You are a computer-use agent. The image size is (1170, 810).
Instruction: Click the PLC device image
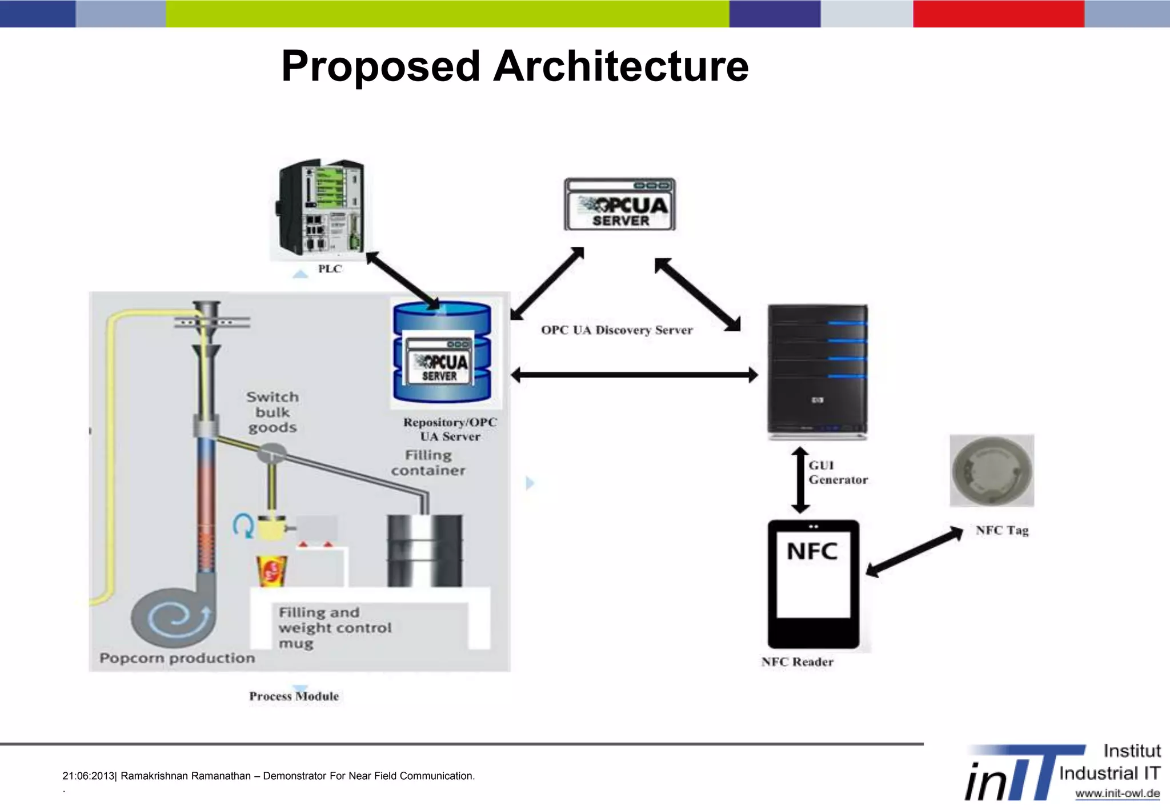[x=320, y=208]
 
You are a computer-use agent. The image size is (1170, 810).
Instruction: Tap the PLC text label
[x=330, y=269]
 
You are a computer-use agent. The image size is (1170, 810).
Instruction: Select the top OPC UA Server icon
[x=620, y=204]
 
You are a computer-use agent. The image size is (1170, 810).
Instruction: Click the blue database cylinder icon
[x=442, y=352]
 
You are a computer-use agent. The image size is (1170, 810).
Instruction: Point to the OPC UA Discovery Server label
[x=616, y=330]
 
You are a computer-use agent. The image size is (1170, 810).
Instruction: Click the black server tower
[x=818, y=372]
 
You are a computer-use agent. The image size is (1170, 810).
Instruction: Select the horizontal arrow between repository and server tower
[x=634, y=375]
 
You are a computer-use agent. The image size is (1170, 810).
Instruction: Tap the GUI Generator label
[x=838, y=472]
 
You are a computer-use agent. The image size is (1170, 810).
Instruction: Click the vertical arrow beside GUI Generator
[x=800, y=480]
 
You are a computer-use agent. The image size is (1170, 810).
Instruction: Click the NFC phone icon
[x=814, y=584]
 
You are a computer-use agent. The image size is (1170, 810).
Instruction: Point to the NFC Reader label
[x=797, y=662]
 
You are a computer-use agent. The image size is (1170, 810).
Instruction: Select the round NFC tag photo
[x=992, y=471]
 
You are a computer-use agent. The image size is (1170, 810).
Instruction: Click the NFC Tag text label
[x=1002, y=531]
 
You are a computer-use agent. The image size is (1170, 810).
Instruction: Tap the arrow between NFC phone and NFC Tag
[x=915, y=551]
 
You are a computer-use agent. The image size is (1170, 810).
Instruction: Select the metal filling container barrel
[x=424, y=550]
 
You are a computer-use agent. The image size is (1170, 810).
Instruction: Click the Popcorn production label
[x=177, y=659]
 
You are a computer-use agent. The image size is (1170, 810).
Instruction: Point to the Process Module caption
[x=294, y=696]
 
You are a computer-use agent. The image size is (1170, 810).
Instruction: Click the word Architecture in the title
[x=620, y=66]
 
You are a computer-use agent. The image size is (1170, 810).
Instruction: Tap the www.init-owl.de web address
[x=1117, y=793]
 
